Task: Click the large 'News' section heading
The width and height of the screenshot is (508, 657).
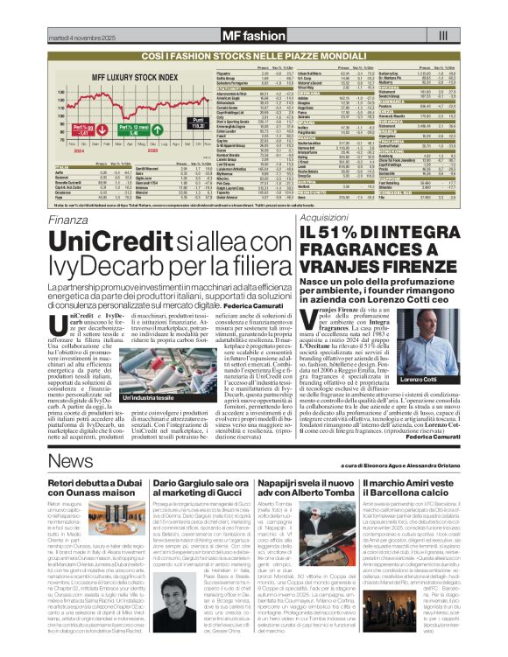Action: pos(65,460)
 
